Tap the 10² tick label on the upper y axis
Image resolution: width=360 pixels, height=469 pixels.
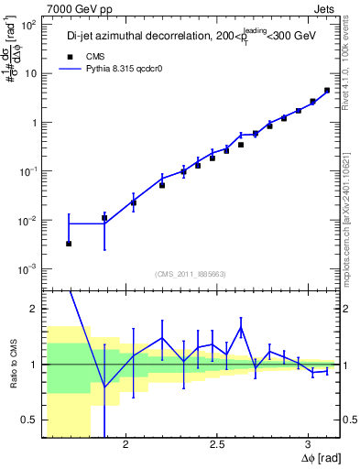[x=29, y=25]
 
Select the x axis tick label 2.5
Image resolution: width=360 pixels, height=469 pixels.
[x=217, y=443]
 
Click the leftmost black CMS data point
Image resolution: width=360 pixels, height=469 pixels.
[x=69, y=244]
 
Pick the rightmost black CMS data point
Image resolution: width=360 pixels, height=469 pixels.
[x=327, y=91]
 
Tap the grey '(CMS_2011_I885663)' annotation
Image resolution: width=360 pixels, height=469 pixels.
[x=191, y=273]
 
